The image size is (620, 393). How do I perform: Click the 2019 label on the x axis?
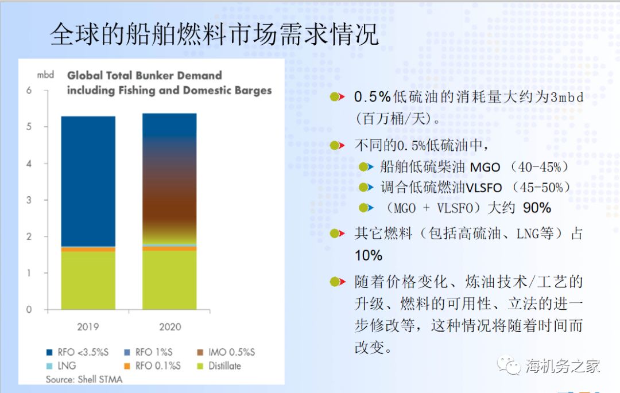click(x=88, y=326)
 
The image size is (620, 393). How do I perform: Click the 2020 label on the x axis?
click(x=170, y=326)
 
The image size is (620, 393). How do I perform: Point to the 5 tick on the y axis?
click(x=29, y=127)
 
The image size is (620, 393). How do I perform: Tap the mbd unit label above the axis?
click(x=45, y=75)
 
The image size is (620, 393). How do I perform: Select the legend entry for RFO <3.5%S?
click(x=77, y=352)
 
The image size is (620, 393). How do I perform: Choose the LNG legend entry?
click(x=61, y=365)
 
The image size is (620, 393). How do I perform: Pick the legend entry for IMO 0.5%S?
click(x=226, y=352)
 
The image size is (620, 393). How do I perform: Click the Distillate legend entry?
click(x=219, y=365)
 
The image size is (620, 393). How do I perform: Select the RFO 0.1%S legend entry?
click(x=152, y=365)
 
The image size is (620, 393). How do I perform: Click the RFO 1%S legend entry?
click(x=148, y=352)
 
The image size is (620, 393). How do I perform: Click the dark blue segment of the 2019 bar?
click(x=88, y=181)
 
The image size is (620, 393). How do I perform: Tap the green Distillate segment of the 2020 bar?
click(x=169, y=280)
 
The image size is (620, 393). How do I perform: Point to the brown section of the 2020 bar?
click(x=169, y=197)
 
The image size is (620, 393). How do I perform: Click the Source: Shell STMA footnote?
click(x=84, y=380)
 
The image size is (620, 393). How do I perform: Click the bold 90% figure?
click(x=537, y=208)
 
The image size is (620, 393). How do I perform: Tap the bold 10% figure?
click(x=369, y=255)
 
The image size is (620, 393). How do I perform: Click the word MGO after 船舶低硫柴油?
click(x=485, y=168)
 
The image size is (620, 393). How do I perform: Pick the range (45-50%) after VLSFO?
click(x=541, y=187)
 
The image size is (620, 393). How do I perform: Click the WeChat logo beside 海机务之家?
click(x=509, y=365)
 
